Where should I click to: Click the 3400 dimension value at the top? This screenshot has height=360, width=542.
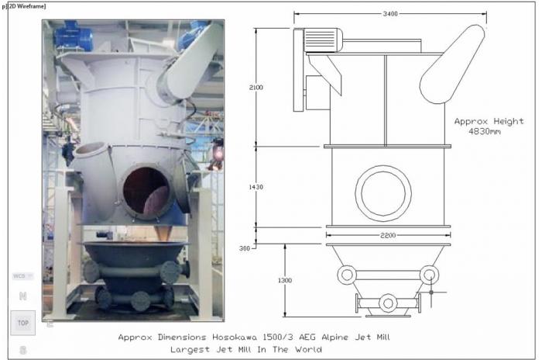[390, 14]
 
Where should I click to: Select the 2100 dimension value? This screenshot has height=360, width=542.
[256, 88]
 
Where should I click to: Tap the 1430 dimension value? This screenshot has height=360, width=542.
[256, 187]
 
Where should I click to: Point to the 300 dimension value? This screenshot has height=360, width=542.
[245, 248]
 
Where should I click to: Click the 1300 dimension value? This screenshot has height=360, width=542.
[285, 280]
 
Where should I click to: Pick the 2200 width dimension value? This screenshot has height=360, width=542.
[388, 236]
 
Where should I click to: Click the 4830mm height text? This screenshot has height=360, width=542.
[484, 131]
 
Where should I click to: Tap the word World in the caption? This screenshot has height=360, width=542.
[308, 349]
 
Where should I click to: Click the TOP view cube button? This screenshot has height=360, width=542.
[22, 323]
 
